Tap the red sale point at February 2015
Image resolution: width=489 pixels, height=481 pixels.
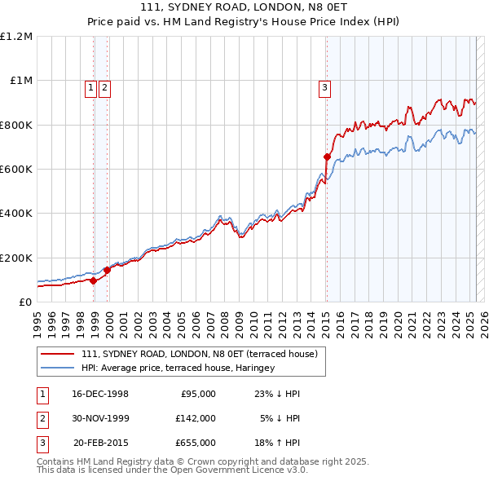click(x=327, y=157)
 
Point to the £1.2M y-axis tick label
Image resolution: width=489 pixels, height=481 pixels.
click(x=16, y=37)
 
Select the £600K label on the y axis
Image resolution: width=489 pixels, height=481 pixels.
click(x=16, y=170)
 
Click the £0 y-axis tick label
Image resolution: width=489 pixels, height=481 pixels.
click(x=24, y=302)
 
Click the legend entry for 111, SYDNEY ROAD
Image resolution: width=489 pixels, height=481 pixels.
click(x=204, y=354)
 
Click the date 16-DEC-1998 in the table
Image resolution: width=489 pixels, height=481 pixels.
click(x=100, y=394)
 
